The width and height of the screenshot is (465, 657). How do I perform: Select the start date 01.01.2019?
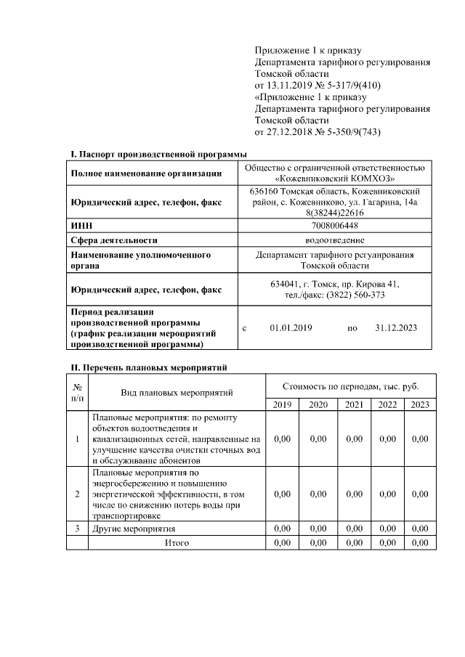click(x=291, y=328)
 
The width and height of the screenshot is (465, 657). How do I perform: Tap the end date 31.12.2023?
click(x=396, y=328)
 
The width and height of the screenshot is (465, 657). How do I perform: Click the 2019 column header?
click(x=282, y=404)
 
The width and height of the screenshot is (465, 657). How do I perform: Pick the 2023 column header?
click(x=419, y=404)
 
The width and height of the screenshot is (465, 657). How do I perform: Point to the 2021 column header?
click(x=354, y=404)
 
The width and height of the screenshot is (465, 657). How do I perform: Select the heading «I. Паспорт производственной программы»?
click(x=158, y=154)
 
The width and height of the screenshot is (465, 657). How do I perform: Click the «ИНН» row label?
click(x=80, y=226)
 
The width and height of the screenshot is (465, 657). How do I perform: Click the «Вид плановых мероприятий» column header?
click(x=177, y=393)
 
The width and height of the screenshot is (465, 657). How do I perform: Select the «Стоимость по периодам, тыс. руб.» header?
click(x=350, y=385)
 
